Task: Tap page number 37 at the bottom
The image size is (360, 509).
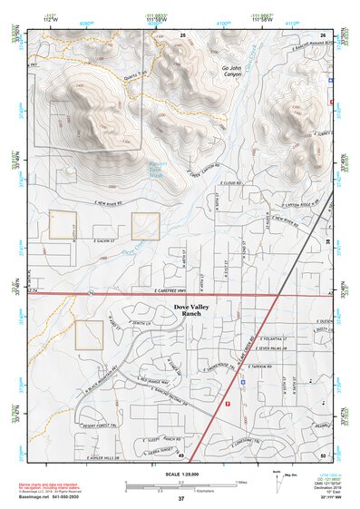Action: (x=180, y=500)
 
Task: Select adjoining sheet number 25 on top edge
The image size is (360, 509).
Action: (x=182, y=34)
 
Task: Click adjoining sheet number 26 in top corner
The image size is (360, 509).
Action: (x=323, y=34)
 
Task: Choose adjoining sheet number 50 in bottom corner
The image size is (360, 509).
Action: (x=323, y=455)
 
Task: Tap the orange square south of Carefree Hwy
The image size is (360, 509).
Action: (x=89, y=335)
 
